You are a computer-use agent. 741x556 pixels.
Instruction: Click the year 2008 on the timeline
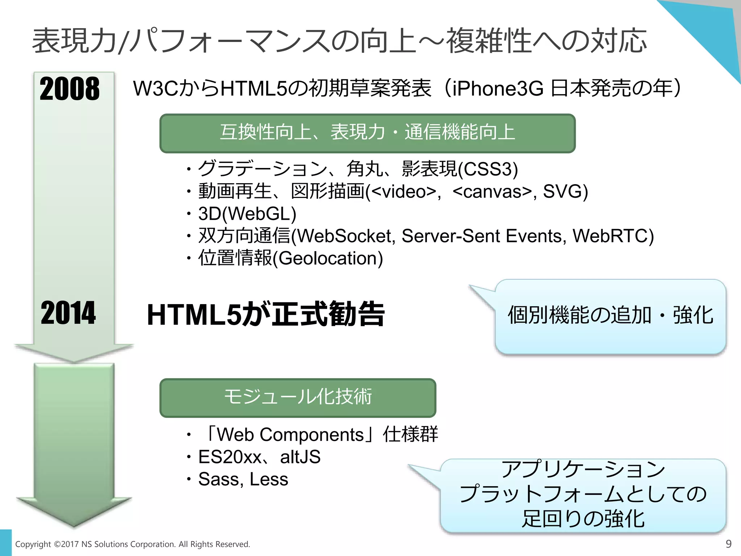pyautogui.click(x=69, y=89)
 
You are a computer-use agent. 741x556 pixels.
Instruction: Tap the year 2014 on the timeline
pyautogui.click(x=68, y=313)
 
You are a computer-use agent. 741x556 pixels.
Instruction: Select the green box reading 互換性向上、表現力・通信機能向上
pyautogui.click(x=367, y=133)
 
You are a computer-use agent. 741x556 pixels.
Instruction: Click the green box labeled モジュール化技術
pyautogui.click(x=298, y=397)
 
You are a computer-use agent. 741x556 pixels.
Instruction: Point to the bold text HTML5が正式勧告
pyautogui.click(x=266, y=315)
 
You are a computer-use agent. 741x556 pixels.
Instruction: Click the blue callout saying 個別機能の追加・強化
pyautogui.click(x=610, y=316)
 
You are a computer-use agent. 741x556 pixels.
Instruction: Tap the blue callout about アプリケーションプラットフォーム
pyautogui.click(x=583, y=495)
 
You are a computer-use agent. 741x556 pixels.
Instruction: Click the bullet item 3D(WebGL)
pyautogui.click(x=247, y=214)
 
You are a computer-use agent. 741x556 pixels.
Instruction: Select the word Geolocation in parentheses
pyautogui.click(x=327, y=258)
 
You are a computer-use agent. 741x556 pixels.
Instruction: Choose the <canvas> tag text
pyautogui.click(x=492, y=191)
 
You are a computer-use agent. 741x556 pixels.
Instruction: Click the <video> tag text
pyautogui.click(x=403, y=191)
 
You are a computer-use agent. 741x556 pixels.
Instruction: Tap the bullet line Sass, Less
pyautogui.click(x=243, y=479)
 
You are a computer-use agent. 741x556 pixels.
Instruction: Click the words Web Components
pyautogui.click(x=290, y=435)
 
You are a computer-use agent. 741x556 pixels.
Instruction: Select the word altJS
pyautogui.click(x=300, y=457)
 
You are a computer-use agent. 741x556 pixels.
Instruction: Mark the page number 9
pyautogui.click(x=729, y=544)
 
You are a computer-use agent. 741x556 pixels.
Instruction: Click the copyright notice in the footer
pyautogui.click(x=132, y=544)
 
